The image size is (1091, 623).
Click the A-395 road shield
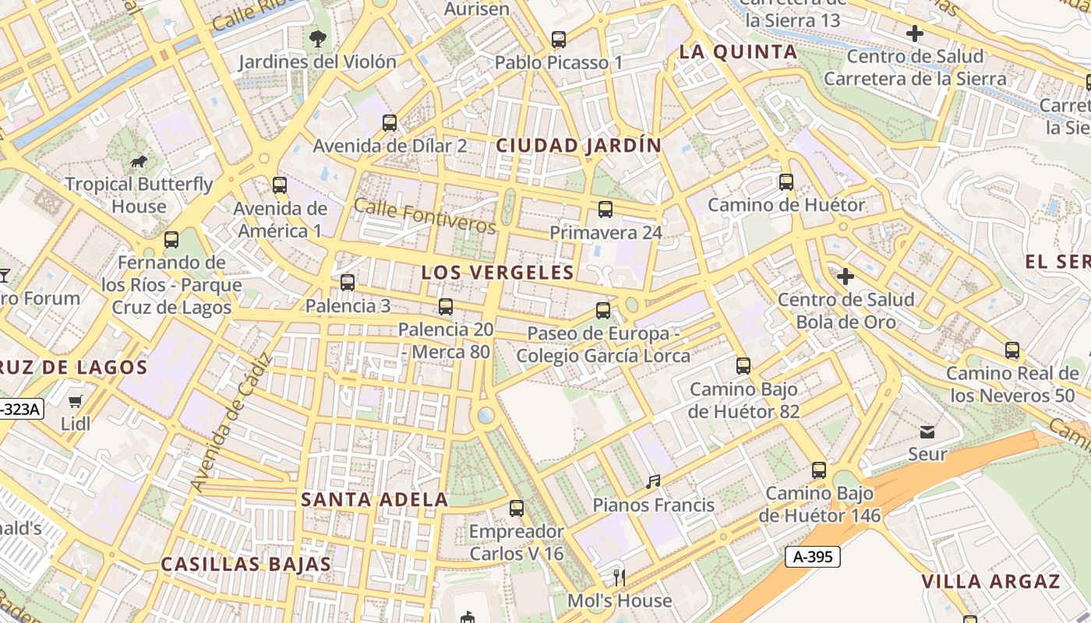[812, 557]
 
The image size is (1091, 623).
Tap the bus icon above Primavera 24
[606, 209]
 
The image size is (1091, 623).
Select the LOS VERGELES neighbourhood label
[497, 273]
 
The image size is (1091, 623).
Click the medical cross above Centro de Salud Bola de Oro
[846, 276]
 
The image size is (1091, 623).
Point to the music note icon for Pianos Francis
[653, 482]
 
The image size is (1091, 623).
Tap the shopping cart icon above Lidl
[75, 402]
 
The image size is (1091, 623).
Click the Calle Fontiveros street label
[425, 216]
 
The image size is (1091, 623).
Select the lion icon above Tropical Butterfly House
[139, 162]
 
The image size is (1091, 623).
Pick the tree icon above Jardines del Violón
[317, 38]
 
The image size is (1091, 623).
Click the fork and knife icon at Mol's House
[620, 577]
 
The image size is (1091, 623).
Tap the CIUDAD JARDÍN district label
[579, 146]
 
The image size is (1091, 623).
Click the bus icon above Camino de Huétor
[786, 182]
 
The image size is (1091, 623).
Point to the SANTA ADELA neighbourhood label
[375, 500]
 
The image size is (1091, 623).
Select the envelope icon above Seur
[927, 431]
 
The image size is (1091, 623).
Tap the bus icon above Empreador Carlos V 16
[517, 509]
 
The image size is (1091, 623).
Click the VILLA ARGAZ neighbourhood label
[990, 582]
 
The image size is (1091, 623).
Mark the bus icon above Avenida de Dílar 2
[390, 122]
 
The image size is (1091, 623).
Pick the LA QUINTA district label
[738, 52]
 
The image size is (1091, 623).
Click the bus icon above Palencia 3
[348, 283]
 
